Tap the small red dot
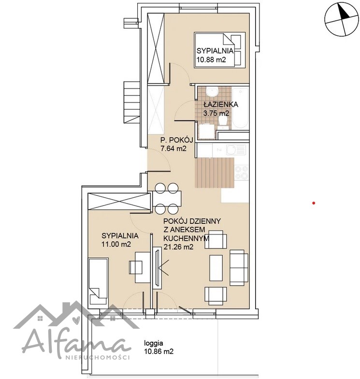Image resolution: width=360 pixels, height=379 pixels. [314, 203]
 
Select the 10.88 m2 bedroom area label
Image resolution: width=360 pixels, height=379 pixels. [211, 59]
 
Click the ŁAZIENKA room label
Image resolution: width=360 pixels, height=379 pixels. [220, 104]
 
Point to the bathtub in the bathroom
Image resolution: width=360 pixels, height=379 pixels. [240, 109]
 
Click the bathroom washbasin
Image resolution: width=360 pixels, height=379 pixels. [213, 92]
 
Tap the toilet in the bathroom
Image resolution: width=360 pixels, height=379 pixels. [222, 121]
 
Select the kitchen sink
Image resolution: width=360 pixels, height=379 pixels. [236, 150]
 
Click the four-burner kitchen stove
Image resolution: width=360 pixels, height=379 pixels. [242, 172]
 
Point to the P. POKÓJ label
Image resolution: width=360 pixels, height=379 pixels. [177, 140]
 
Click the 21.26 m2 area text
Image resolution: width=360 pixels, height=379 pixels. [178, 247]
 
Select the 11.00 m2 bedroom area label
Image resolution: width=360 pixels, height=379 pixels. [116, 244]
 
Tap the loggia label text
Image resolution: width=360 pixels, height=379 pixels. [154, 343]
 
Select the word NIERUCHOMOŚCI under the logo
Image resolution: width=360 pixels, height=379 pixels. [98, 358]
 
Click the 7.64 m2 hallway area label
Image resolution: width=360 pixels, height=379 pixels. [173, 148]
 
